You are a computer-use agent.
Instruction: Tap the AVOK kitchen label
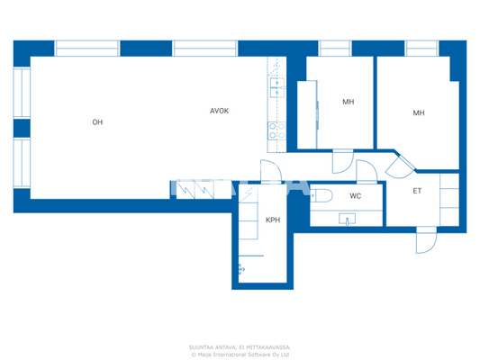point(219,112)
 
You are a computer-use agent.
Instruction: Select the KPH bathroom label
point(272,220)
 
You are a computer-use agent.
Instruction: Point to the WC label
point(355,195)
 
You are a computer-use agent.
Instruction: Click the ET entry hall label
point(417,191)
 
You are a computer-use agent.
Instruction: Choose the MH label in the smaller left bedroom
point(348,102)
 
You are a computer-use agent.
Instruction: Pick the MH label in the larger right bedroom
point(418,112)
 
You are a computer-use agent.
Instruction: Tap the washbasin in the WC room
point(347,219)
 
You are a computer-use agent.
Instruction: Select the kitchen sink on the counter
point(276,87)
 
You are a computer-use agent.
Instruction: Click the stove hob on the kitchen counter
point(276,130)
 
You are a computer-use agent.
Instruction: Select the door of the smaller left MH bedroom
point(341,163)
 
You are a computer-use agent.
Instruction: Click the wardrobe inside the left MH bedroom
point(308,112)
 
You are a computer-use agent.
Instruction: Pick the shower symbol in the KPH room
point(241,267)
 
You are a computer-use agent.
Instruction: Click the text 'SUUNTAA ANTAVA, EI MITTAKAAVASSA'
point(240,346)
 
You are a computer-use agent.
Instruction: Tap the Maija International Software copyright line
point(240,354)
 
